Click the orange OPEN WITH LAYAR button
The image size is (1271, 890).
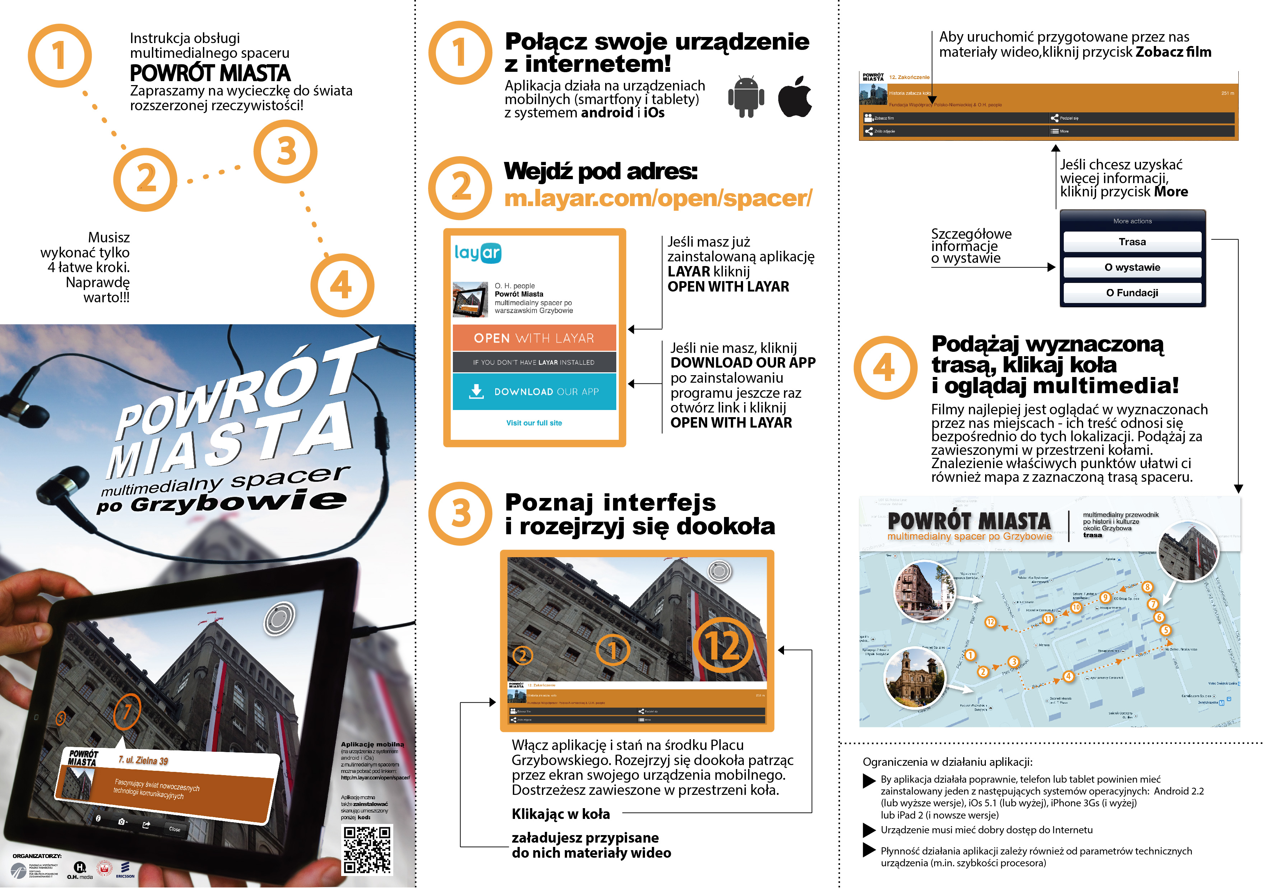pyautogui.click(x=534, y=337)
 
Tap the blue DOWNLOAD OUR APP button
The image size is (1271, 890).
pyautogui.click(x=534, y=391)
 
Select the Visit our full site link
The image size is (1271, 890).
pyautogui.click(x=534, y=423)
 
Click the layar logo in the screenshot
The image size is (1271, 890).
pyautogui.click(x=477, y=253)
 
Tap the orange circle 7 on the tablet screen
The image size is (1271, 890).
pyautogui.click(x=127, y=711)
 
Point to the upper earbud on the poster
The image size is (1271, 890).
pyautogui.click(x=25, y=410)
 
